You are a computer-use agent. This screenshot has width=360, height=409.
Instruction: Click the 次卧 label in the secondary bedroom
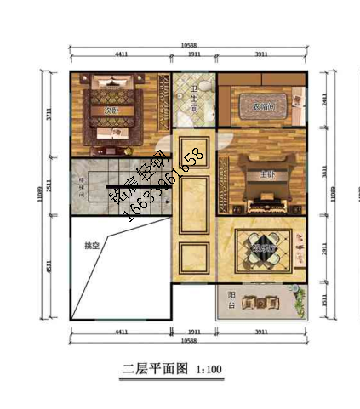pyautogui.click(x=109, y=111)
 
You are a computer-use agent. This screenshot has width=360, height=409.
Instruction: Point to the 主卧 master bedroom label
pyautogui.click(x=267, y=175)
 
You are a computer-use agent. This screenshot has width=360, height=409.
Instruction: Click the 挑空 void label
pyautogui.click(x=91, y=247)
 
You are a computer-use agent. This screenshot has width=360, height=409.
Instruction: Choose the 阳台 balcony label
pyautogui.click(x=231, y=300)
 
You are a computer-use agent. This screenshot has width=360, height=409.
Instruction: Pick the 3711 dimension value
pyautogui.click(x=52, y=116)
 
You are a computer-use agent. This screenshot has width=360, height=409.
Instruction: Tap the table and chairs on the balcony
pyautogui.click(x=260, y=303)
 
